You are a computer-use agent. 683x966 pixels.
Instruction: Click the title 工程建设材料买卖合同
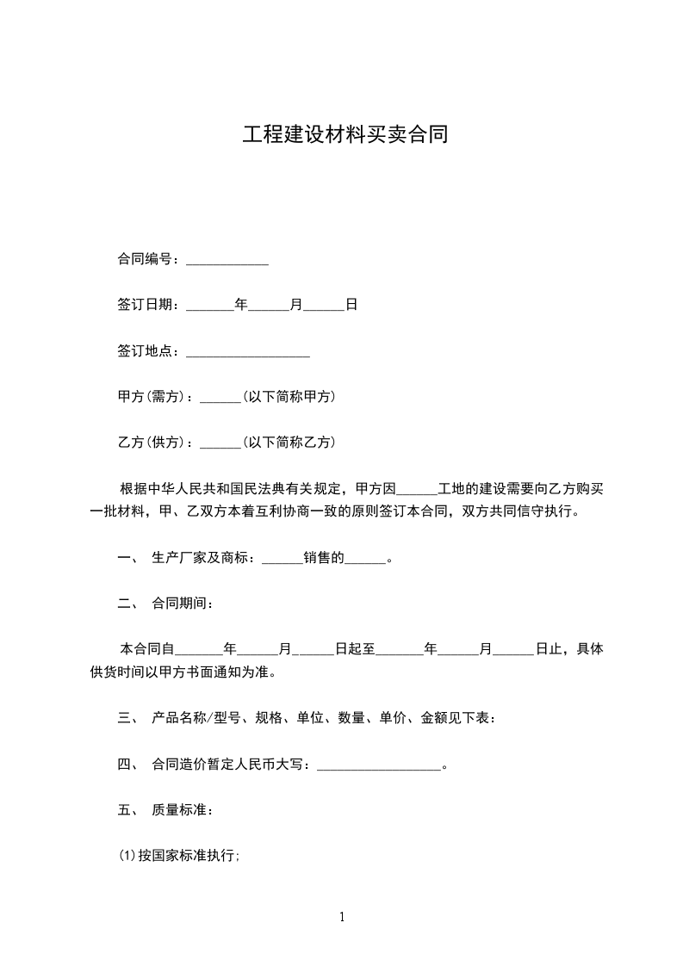click(x=345, y=136)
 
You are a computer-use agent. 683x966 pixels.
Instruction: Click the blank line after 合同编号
click(x=227, y=261)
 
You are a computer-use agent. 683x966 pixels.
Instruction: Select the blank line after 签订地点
click(x=247, y=353)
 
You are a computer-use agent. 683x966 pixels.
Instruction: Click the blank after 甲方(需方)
click(x=220, y=399)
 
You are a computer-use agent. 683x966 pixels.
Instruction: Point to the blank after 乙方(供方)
click(x=220, y=444)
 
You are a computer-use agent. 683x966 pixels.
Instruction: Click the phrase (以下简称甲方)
click(x=289, y=397)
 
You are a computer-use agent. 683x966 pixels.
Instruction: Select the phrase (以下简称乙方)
click(x=289, y=443)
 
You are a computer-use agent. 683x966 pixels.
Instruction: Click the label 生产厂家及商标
click(x=202, y=558)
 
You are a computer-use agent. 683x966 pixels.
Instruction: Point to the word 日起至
click(x=354, y=649)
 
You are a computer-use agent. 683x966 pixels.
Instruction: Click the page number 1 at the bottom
click(x=342, y=917)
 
